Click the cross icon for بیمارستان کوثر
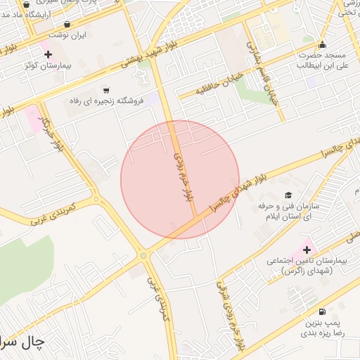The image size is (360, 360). (48, 53)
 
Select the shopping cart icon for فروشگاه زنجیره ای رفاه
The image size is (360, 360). (106, 90)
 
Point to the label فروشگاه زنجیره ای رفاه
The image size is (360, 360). (106, 101)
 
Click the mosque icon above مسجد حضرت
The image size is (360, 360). (323, 44)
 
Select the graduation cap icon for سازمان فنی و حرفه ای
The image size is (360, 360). (287, 195)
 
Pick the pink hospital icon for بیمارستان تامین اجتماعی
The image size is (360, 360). (307, 249)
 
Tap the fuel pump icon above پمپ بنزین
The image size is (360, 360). (322, 311)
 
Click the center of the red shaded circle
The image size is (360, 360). (180, 179)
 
